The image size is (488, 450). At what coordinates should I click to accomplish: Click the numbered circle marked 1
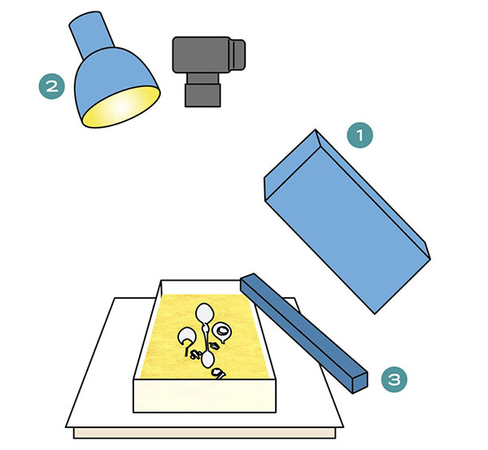pos(360,135)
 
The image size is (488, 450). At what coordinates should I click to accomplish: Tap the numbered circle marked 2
pos(52,86)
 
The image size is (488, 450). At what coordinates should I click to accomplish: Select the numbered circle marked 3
pos(394,379)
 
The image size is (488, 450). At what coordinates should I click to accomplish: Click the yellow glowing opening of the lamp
pos(121,107)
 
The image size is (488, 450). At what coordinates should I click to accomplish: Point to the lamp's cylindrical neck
pos(92,34)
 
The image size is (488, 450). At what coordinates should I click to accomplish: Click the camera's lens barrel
pos(203,90)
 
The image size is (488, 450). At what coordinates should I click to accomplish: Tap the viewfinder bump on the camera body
pos(238,55)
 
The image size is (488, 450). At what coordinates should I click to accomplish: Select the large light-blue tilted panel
pos(347,221)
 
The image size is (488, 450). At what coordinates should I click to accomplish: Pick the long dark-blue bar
pos(303,333)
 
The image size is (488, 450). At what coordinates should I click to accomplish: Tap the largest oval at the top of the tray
pos(204,313)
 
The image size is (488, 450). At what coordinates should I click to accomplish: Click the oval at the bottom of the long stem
pos(207,359)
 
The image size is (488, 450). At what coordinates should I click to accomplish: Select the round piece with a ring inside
pos(221,331)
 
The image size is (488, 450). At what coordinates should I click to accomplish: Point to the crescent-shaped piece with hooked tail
pos(186,339)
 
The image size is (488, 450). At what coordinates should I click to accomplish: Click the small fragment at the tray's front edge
pos(219,374)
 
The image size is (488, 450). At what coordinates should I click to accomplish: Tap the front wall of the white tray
pos(204,395)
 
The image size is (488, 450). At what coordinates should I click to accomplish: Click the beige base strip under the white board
pos(204,433)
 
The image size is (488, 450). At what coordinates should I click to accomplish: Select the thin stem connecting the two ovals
pos(206,337)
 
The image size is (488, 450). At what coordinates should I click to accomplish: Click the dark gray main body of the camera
pos(202,55)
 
